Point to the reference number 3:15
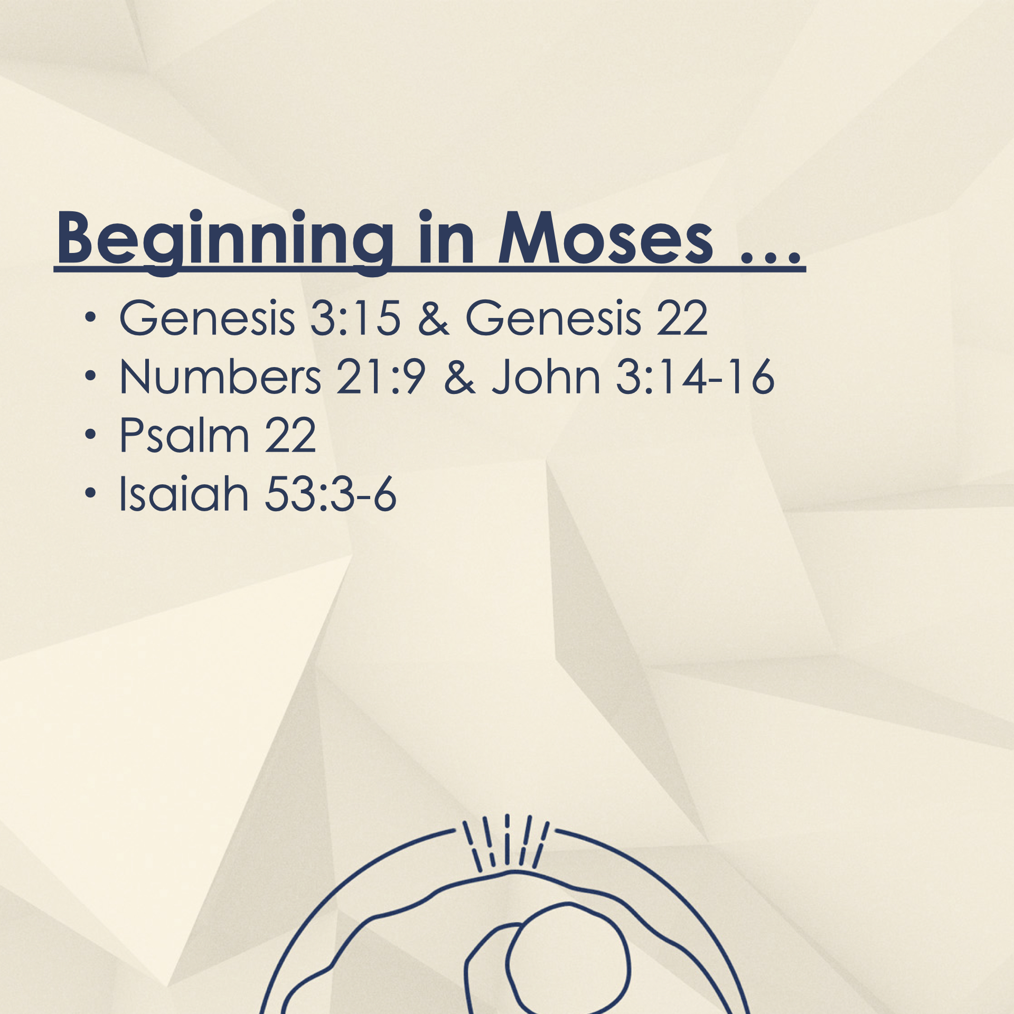click(x=355, y=318)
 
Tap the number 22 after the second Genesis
click(x=682, y=318)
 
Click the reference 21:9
click(x=381, y=377)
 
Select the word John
click(x=546, y=378)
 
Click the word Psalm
click(x=184, y=436)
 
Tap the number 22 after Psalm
click(x=290, y=436)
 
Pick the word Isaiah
click(x=184, y=494)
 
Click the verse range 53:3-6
click(x=330, y=494)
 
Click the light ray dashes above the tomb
click(x=506, y=842)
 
